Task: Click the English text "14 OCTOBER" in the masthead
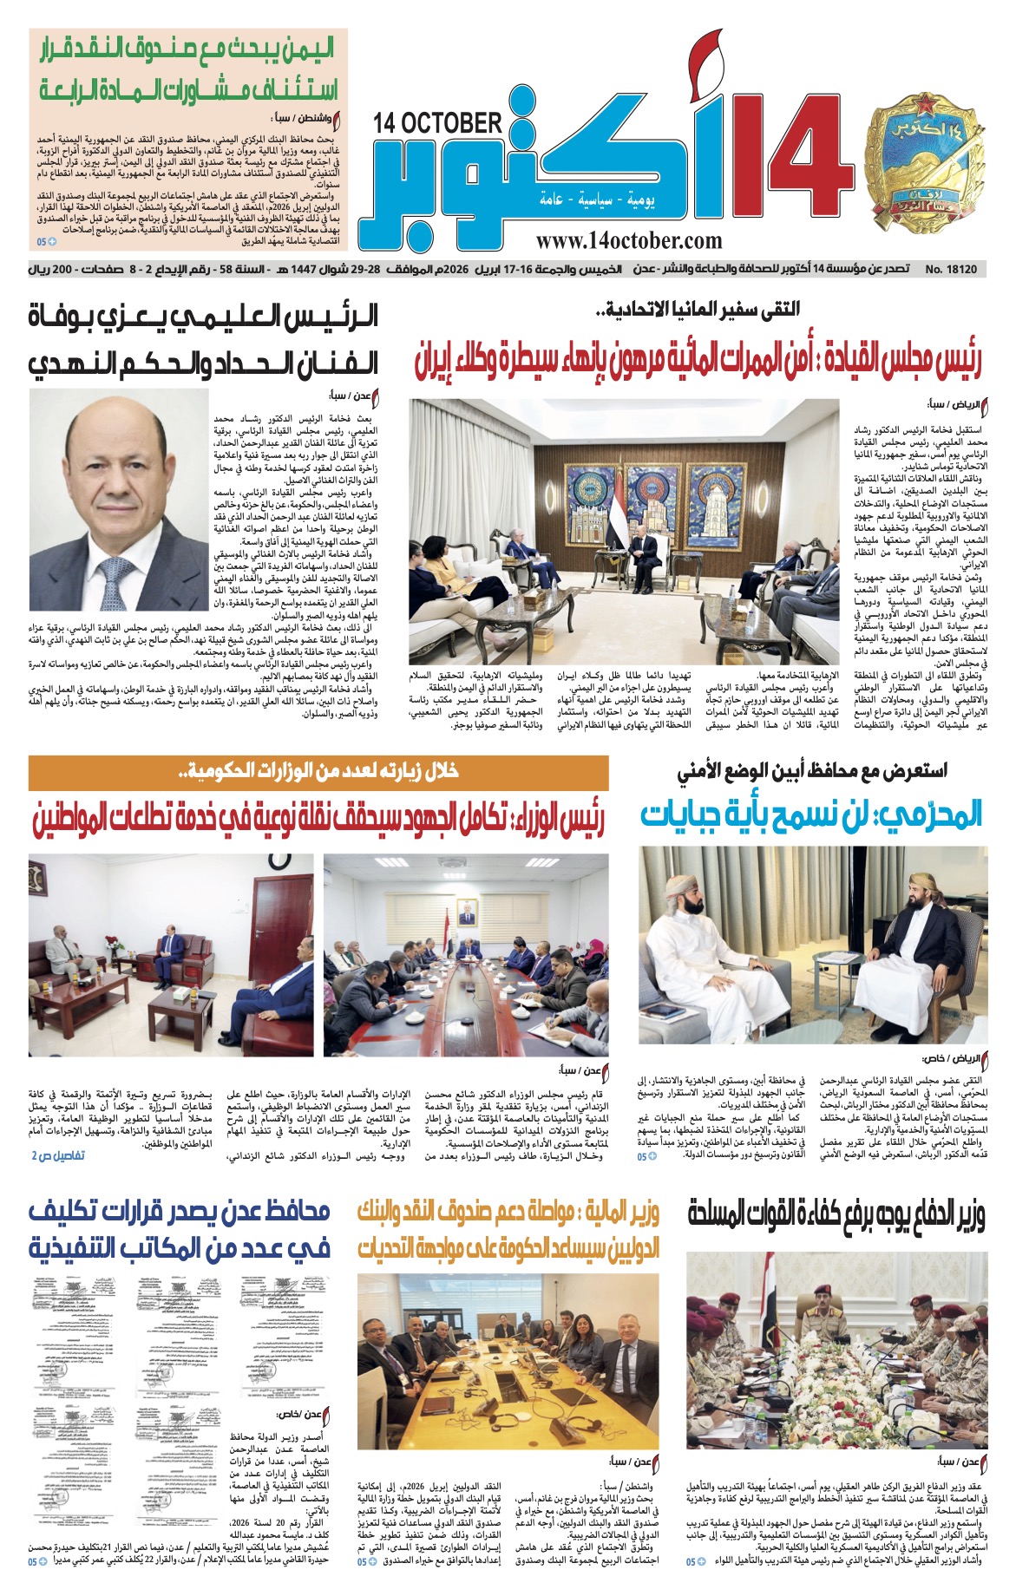point(438,123)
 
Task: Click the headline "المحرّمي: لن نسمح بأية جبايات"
point(812,815)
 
